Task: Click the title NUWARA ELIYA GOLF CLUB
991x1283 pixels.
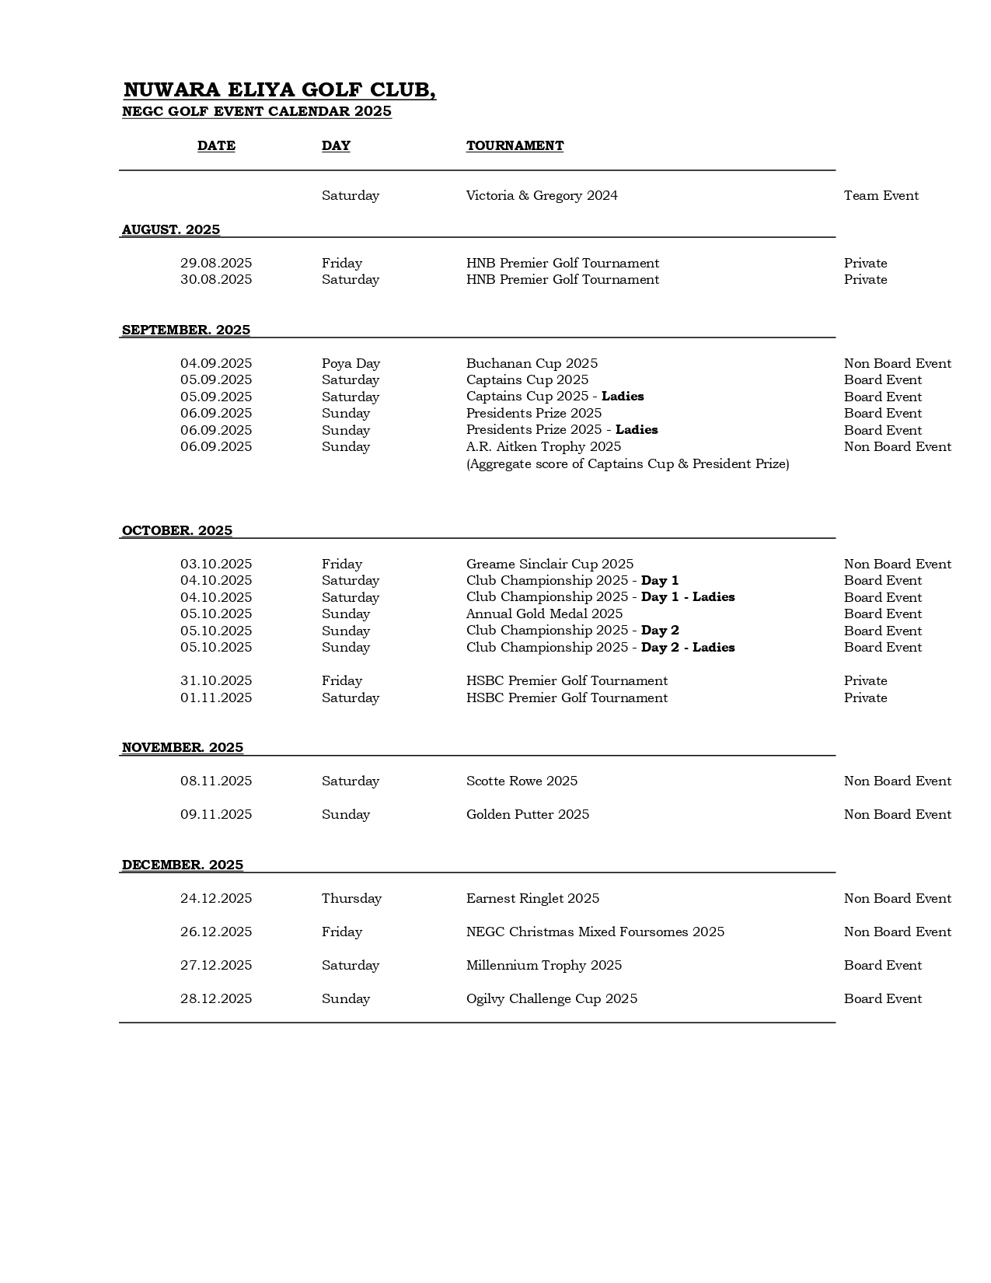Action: point(279,90)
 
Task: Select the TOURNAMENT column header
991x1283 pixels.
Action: point(515,145)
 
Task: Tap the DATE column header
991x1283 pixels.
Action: point(216,145)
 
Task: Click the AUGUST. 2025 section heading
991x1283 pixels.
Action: point(171,229)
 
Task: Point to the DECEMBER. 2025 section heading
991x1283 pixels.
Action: point(183,865)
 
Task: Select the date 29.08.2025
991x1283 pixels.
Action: point(216,263)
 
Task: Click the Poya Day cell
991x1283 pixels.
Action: point(351,363)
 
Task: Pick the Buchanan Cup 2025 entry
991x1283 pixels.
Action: point(532,363)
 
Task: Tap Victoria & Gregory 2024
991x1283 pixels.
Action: point(542,195)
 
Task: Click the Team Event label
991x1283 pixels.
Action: point(881,195)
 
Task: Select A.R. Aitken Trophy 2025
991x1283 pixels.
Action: point(543,446)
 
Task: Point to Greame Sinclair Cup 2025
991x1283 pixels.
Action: point(550,564)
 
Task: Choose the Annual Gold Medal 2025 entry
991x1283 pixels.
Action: point(544,614)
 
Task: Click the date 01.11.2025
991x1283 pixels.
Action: point(216,697)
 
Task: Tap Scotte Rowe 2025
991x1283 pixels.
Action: point(522,781)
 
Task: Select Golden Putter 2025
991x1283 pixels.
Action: point(527,814)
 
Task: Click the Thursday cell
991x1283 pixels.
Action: point(351,898)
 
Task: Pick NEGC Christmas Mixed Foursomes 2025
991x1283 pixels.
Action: point(595,932)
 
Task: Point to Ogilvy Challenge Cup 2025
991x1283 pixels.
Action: point(551,998)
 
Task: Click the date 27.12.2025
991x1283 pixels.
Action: point(216,965)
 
